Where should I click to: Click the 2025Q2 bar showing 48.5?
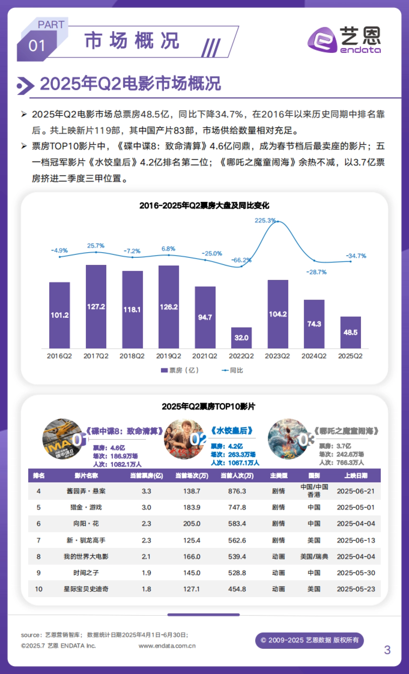click(x=350, y=332)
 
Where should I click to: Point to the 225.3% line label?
click(x=265, y=221)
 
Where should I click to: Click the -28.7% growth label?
click(x=316, y=272)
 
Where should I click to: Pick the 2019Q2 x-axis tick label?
click(x=168, y=356)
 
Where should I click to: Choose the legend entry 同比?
click(x=233, y=370)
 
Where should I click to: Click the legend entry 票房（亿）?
click(x=180, y=370)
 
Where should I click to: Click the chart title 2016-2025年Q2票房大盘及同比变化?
click(x=204, y=206)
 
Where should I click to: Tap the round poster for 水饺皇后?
click(x=184, y=439)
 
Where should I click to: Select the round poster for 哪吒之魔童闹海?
click(x=288, y=439)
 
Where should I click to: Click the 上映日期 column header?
click(x=356, y=476)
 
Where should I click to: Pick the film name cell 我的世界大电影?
click(x=86, y=556)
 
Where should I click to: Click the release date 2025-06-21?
click(x=356, y=491)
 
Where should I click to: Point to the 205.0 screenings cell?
click(x=192, y=524)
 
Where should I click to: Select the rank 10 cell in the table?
click(x=39, y=589)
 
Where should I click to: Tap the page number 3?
click(x=387, y=650)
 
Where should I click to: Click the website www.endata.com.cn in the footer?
click(x=167, y=646)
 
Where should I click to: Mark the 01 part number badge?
click(x=36, y=46)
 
